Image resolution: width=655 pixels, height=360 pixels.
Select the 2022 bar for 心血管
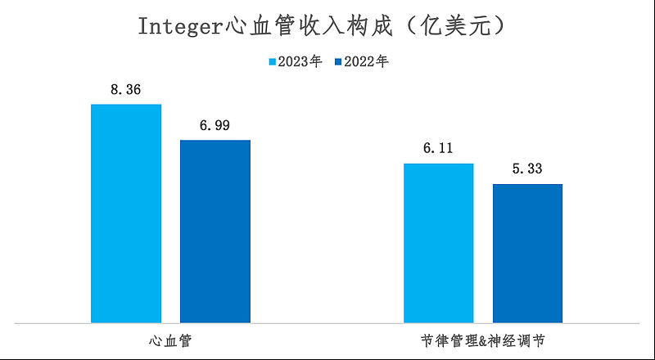point(215,231)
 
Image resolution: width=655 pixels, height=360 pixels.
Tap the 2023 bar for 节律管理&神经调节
point(439,242)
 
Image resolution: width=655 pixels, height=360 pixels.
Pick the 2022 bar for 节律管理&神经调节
point(527,253)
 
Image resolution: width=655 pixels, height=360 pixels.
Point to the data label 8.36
point(126,89)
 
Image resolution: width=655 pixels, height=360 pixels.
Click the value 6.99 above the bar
point(215,125)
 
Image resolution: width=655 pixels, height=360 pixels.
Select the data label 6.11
point(439,149)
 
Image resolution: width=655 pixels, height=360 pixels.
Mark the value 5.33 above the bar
point(527,169)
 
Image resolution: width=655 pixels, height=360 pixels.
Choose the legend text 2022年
point(366,62)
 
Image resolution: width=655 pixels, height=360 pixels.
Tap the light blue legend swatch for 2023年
point(273,62)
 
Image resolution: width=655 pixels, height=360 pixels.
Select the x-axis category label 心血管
point(170,339)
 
